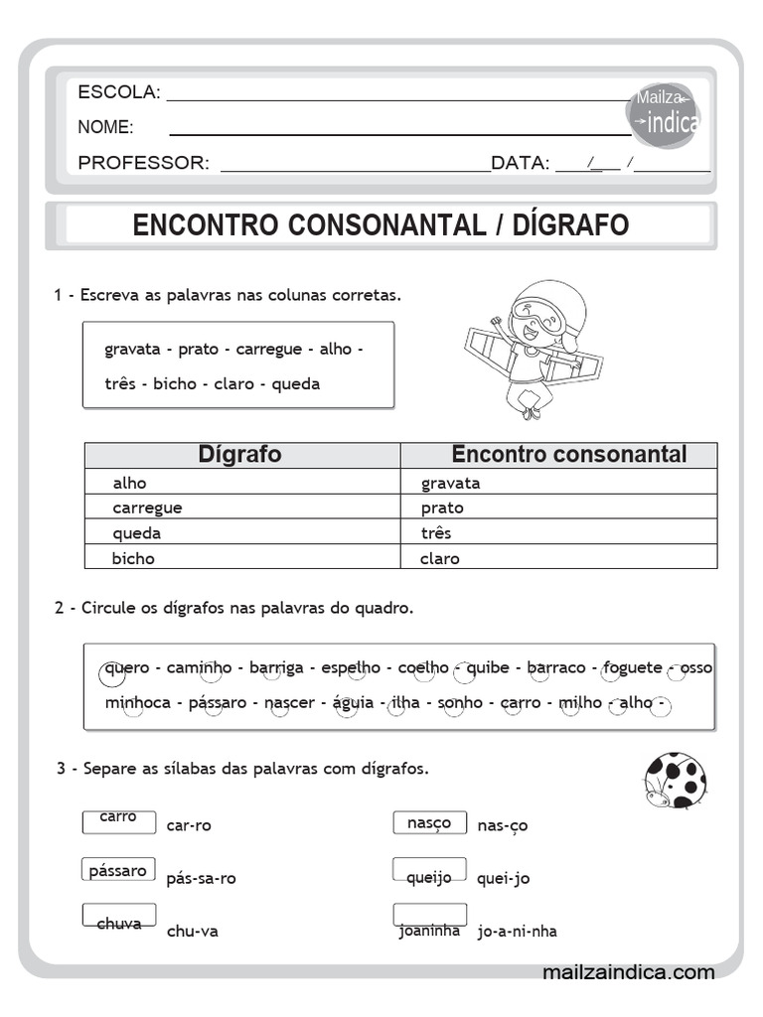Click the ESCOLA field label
[x=118, y=92]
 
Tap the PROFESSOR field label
[x=143, y=163]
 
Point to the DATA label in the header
[x=520, y=163]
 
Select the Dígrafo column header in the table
[x=240, y=455]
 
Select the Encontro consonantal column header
[x=568, y=455]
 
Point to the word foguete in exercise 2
[x=632, y=667]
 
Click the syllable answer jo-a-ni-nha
[x=517, y=931]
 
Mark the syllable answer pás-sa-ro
[x=202, y=878]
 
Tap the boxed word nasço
[x=429, y=822]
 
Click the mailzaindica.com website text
[x=628, y=972]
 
